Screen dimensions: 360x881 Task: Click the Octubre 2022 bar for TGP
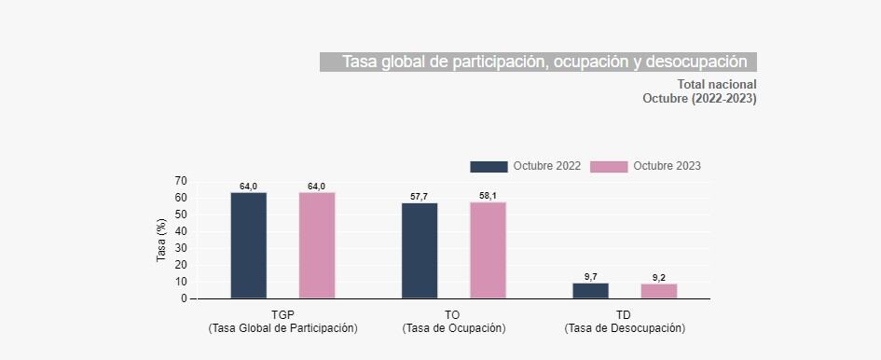pyautogui.click(x=249, y=245)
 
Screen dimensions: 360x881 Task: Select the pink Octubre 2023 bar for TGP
pyautogui.click(x=317, y=245)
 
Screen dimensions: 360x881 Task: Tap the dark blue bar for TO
pyautogui.click(x=420, y=251)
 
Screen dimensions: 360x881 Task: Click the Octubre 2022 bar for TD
pyautogui.click(x=590, y=291)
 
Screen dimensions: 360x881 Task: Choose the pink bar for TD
pyautogui.click(x=659, y=291)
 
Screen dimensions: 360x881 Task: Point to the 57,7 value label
pyautogui.click(x=420, y=197)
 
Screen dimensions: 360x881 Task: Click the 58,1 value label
pyautogui.click(x=488, y=196)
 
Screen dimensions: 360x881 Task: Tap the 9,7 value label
pyautogui.click(x=590, y=277)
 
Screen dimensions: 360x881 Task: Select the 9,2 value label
pyautogui.click(x=659, y=278)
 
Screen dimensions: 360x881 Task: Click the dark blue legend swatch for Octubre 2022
pyautogui.click(x=489, y=166)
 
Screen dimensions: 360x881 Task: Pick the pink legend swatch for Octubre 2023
pyautogui.click(x=609, y=166)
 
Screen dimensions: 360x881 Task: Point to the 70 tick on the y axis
pyautogui.click(x=180, y=181)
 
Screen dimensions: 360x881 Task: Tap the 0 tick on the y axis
pyautogui.click(x=183, y=298)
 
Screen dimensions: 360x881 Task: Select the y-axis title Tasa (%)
pyautogui.click(x=161, y=240)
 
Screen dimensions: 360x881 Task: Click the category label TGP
pyautogui.click(x=282, y=314)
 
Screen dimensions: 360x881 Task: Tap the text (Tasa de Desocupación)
pyautogui.click(x=624, y=328)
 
